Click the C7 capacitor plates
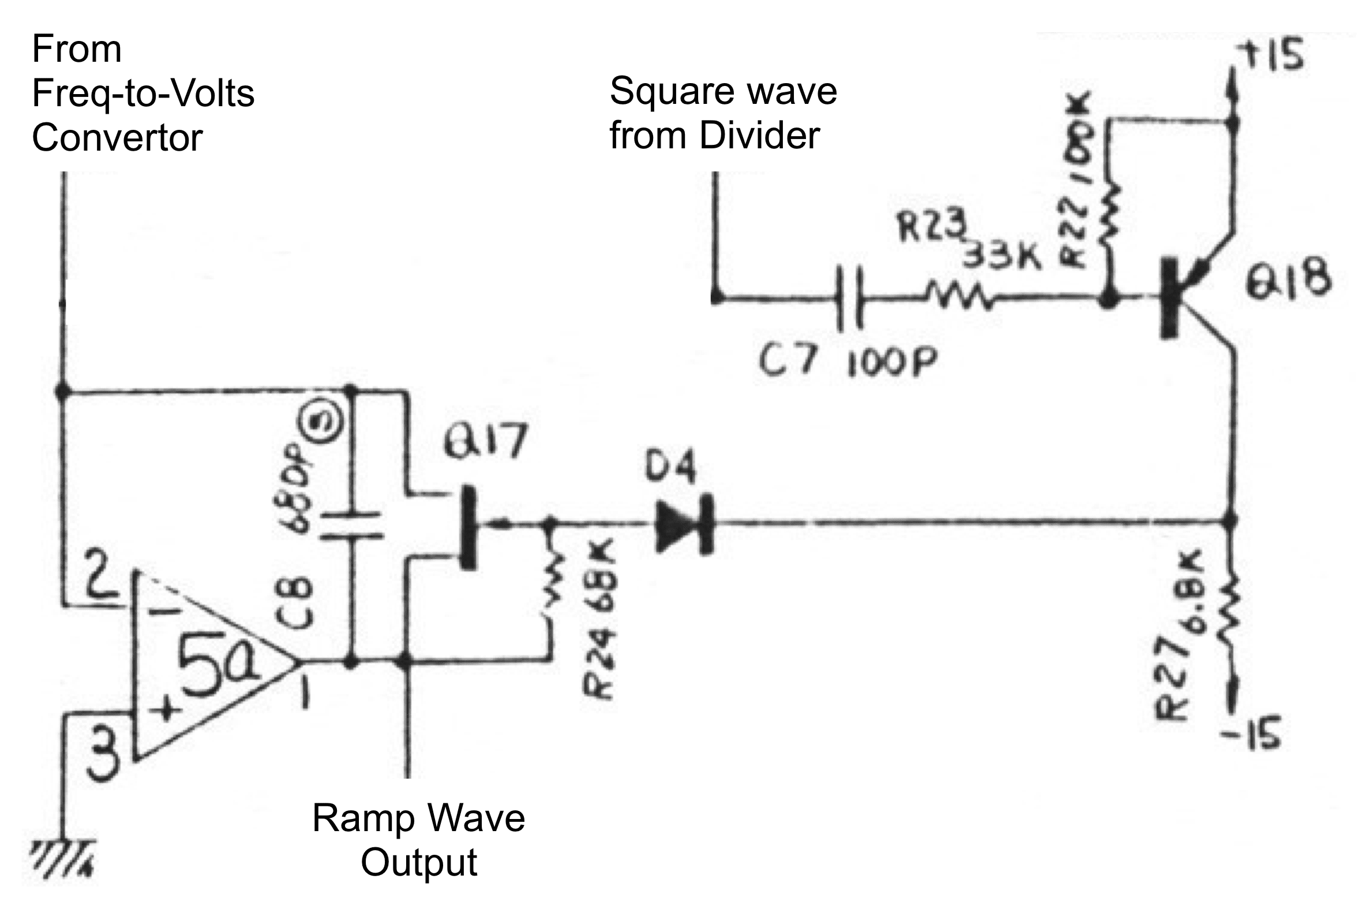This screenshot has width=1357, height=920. [849, 299]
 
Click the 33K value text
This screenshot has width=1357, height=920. [1002, 255]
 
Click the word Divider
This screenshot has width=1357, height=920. [759, 136]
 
